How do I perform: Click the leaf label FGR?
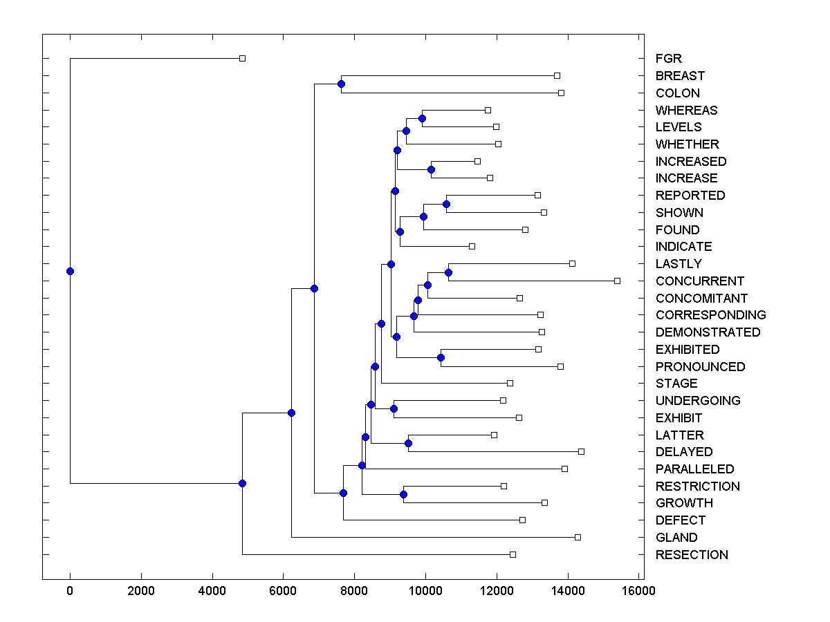668,59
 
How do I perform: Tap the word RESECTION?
692,555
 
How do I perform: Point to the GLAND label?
676,538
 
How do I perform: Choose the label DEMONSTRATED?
708,332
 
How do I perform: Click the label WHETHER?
687,144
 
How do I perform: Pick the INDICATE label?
683,247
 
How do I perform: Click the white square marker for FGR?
242,58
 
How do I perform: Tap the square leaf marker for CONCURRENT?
617,281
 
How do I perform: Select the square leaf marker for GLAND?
578,537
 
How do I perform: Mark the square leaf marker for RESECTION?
513,554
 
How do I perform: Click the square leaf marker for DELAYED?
581,451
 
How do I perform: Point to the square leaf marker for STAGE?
510,383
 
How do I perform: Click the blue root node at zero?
70,271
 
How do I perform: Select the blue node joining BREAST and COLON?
341,84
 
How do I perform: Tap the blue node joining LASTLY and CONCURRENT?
448,272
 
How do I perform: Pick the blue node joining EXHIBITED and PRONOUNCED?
441,357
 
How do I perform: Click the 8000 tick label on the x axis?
353,590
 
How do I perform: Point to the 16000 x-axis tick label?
638,590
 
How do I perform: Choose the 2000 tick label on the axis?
141,590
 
